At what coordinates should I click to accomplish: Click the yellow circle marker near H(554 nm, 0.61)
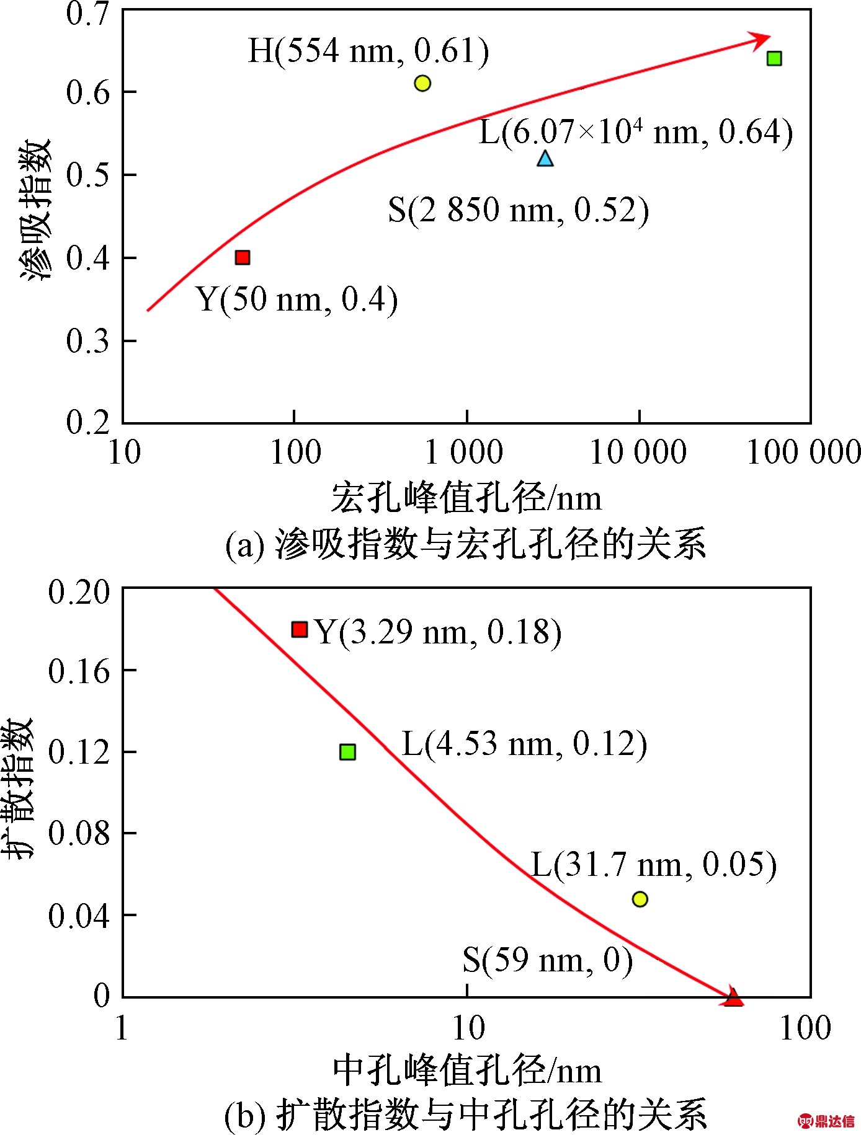tap(422, 83)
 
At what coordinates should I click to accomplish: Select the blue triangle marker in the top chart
tap(545, 159)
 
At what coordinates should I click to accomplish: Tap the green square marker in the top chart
tap(774, 58)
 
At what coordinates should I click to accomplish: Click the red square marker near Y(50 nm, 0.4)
tap(243, 257)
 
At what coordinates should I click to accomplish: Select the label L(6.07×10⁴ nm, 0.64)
tap(636, 132)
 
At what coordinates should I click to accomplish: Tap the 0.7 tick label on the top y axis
tap(87, 14)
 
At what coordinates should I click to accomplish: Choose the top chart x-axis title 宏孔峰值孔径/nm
tap(466, 498)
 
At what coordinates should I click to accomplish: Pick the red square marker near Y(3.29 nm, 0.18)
tap(300, 629)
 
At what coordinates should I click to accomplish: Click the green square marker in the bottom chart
tap(347, 752)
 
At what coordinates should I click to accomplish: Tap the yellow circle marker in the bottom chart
tap(640, 899)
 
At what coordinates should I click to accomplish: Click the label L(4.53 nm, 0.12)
tap(524, 743)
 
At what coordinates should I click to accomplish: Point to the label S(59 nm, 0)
tap(548, 960)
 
